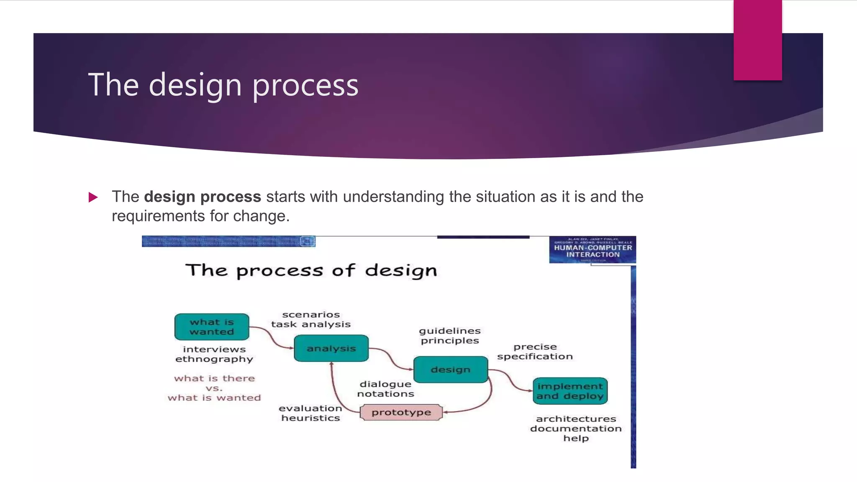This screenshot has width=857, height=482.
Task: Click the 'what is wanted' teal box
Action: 212,327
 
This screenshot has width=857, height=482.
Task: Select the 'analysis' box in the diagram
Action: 331,348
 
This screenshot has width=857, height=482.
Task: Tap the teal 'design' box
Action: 451,369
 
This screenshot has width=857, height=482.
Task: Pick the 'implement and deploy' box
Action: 570,391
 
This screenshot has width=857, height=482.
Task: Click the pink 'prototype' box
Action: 401,412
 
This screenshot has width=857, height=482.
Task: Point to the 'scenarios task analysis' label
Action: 311,319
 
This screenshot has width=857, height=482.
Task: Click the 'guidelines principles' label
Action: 450,336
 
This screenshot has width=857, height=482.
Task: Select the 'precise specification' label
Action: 535,351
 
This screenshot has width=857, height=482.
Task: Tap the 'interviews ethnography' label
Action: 214,354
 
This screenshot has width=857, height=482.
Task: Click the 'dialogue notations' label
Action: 385,389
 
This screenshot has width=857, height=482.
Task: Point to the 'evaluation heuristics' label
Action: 310,413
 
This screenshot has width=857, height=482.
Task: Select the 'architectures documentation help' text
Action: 576,428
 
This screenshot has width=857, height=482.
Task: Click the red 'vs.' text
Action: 214,388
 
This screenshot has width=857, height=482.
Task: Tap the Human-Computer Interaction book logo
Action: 593,250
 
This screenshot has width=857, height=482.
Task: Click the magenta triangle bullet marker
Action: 93,197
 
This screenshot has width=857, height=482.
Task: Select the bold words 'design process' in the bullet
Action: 203,197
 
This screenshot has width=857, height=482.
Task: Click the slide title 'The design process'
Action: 223,85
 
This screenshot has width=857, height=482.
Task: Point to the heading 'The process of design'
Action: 311,270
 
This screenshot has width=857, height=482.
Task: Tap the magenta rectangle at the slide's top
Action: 757,40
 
